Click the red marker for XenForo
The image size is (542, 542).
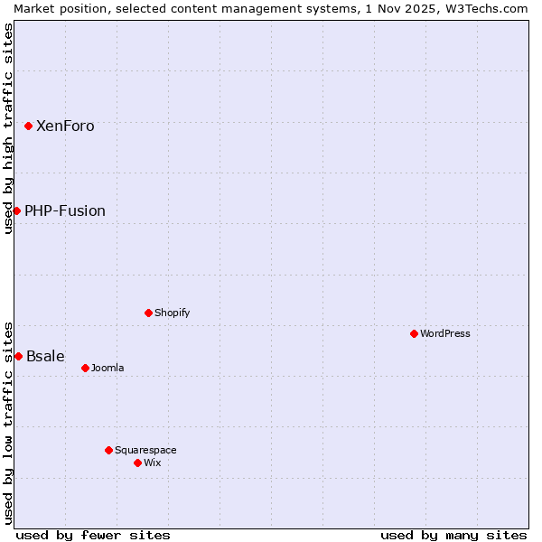click(29, 126)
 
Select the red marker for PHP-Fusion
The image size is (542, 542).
click(16, 210)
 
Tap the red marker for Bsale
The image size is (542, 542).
click(18, 356)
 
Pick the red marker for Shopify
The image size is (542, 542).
click(148, 313)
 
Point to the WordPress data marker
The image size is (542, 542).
click(414, 333)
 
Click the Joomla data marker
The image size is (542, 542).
click(85, 368)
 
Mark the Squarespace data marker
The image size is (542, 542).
click(108, 450)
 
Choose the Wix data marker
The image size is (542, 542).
click(137, 463)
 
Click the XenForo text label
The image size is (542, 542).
click(65, 126)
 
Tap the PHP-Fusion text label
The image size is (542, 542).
click(65, 210)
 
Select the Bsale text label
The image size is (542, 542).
click(45, 356)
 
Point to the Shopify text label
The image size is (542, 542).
click(172, 313)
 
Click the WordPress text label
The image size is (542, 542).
click(445, 333)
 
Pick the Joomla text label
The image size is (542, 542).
click(107, 368)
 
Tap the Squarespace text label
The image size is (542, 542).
click(145, 450)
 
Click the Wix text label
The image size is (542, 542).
click(153, 463)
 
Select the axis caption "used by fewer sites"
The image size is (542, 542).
click(93, 535)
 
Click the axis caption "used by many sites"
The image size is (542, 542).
click(453, 535)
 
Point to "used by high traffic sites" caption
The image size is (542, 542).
click(8, 128)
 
